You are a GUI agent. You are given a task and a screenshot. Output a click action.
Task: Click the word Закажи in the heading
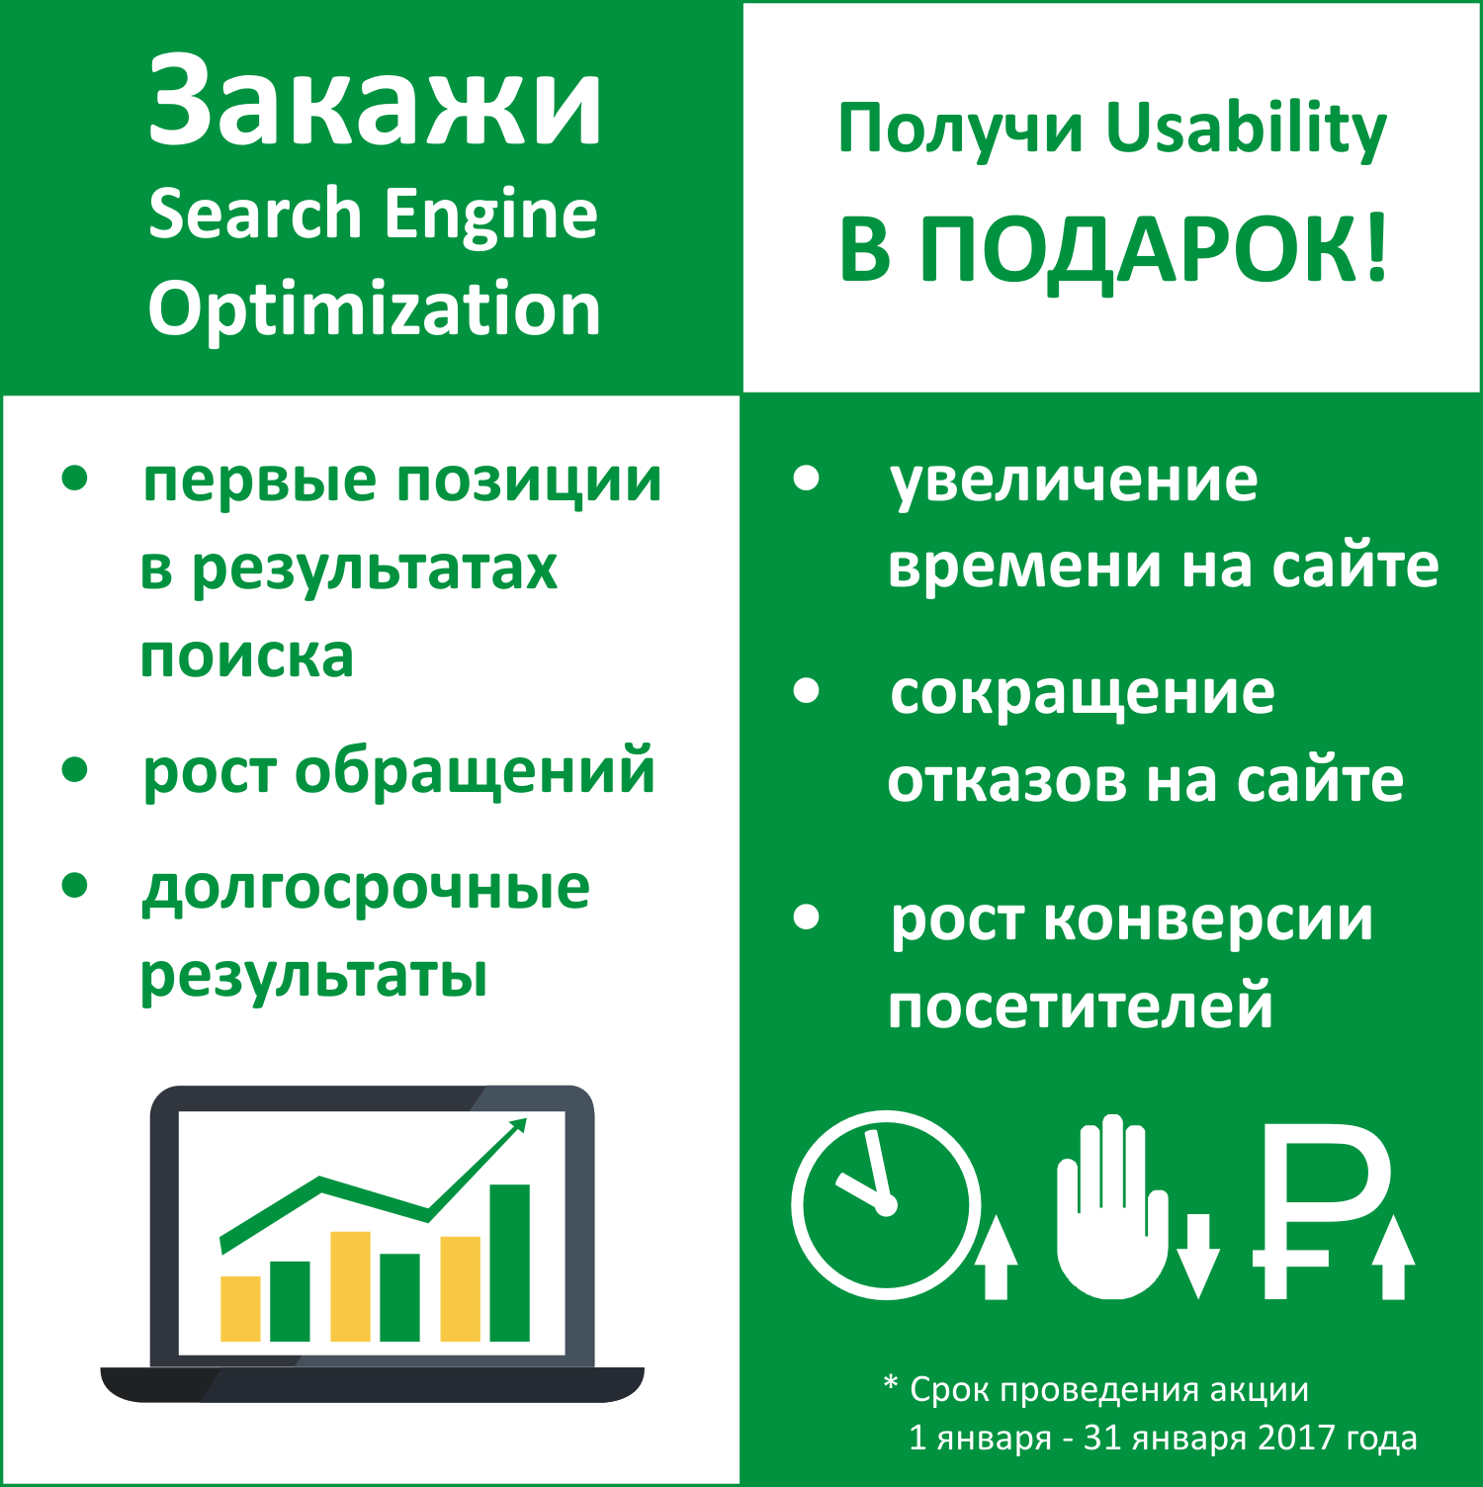[375, 103]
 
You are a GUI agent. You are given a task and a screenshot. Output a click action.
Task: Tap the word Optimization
[375, 309]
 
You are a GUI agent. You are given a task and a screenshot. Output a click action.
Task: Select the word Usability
[1247, 131]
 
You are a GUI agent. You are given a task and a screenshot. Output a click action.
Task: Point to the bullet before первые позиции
[75, 479]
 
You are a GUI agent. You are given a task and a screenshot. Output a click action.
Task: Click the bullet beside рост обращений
[75, 769]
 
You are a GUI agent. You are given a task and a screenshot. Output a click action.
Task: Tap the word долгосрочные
[366, 888]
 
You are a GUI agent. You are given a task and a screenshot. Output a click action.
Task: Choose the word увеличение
[1074, 481]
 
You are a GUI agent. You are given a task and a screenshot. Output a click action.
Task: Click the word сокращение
[1083, 694]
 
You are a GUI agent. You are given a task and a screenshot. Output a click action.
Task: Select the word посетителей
[1081, 1006]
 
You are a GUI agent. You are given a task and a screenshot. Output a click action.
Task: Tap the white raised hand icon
[1112, 1206]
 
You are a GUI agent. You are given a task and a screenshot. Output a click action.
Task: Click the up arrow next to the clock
[997, 1257]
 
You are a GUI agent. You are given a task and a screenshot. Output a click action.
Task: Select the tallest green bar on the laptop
[510, 1263]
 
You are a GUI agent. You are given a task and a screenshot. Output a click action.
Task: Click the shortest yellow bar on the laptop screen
[240, 1308]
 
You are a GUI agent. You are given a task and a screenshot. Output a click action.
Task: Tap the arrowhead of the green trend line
[516, 1127]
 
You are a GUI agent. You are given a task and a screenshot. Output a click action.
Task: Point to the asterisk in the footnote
[891, 1383]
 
